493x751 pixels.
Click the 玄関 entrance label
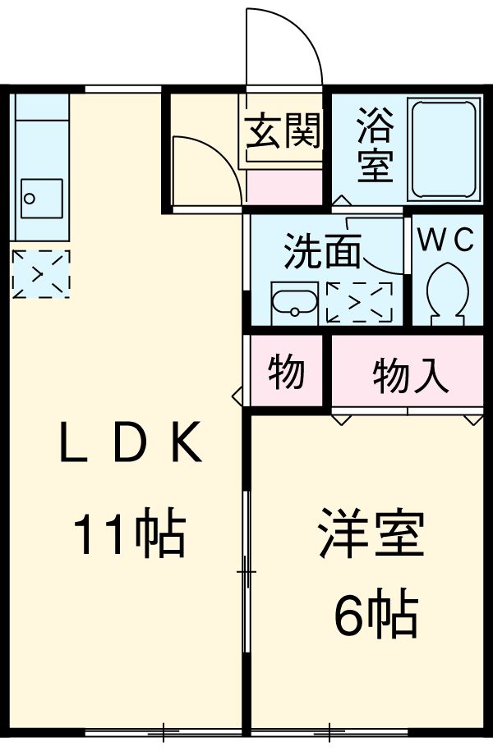283,131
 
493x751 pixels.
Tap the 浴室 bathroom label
374,147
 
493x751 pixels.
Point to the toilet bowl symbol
448,291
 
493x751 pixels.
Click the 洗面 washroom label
322,253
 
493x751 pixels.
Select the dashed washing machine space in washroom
359,302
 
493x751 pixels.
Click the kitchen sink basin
41,198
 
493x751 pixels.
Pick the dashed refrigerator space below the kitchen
41,273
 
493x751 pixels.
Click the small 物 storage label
287,373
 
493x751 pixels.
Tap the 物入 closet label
411,376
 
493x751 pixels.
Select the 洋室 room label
371,533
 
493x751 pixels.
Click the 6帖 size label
376,614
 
